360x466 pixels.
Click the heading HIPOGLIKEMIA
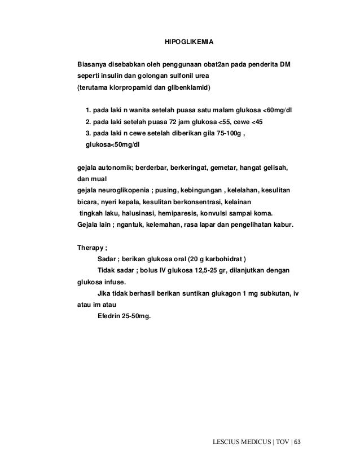(x=179, y=42)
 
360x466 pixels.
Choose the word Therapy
(x=90, y=247)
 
